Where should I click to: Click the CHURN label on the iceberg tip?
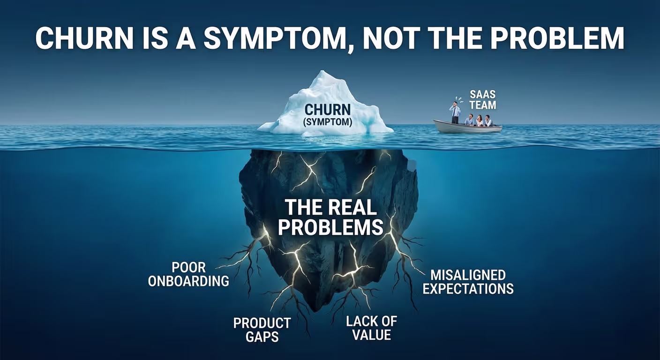coord(328,110)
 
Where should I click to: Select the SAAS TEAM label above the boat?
coord(482,100)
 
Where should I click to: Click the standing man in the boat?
coord(455,112)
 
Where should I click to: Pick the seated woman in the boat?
coord(479,120)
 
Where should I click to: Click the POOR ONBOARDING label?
coord(189,274)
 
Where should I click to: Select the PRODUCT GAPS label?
coord(262,330)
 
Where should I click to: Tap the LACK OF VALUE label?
coord(371,328)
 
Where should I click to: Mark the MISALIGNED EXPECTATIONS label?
coord(468,281)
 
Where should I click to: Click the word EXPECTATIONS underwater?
coord(468,288)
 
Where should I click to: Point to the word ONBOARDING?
coord(189,281)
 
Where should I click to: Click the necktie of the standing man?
coord(455,111)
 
